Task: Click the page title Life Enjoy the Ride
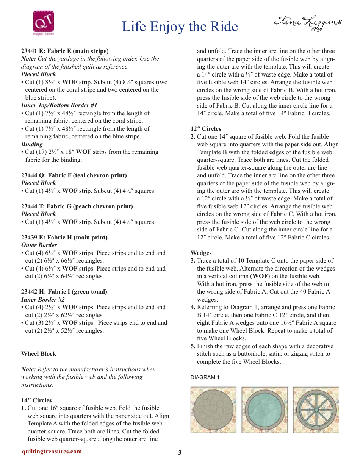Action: (180, 27)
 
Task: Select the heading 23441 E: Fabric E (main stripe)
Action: (65, 51)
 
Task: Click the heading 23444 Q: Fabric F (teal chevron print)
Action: (74, 175)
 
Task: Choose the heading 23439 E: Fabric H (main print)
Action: (64, 237)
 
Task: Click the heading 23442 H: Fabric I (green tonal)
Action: (64, 291)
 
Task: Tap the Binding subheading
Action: (32, 144)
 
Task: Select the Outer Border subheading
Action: (39, 245)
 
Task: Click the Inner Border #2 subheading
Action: (42, 299)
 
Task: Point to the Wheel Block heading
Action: (39, 353)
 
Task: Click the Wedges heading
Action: (201, 253)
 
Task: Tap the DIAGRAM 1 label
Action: (205, 377)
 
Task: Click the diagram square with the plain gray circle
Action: (213, 410)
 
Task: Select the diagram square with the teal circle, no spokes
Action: (265, 410)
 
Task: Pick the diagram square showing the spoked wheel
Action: (316, 410)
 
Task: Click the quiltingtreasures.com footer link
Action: (52, 451)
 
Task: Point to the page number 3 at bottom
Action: (180, 452)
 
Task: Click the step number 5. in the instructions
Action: (193, 346)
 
